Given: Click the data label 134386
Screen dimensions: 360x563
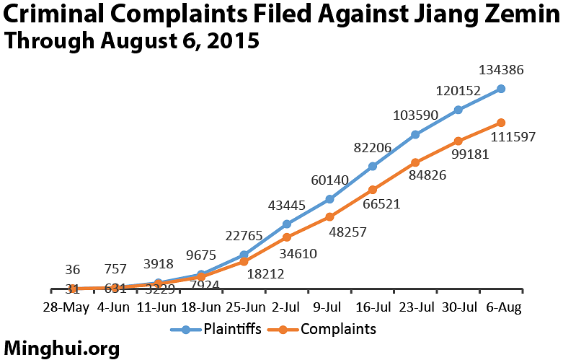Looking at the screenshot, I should coord(501,71).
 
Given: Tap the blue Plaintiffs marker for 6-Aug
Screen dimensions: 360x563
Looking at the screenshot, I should coord(501,89).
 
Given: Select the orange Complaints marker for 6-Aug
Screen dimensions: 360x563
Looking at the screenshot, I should coord(501,123).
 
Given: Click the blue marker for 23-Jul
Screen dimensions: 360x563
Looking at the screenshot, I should coord(415,134).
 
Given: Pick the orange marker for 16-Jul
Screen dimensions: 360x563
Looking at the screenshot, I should coord(373,190).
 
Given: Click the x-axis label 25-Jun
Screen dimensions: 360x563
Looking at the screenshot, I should coord(244,307).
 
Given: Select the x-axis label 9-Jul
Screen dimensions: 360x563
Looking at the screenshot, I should coord(329,307).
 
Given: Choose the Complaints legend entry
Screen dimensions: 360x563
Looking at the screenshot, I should coord(327,330).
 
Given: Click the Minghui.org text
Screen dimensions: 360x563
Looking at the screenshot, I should coord(61,348).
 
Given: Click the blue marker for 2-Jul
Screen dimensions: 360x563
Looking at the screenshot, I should coord(287,224).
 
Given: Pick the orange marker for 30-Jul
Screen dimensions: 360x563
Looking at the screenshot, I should coord(458,141).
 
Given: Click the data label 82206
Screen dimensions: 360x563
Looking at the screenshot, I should coord(372,148).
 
